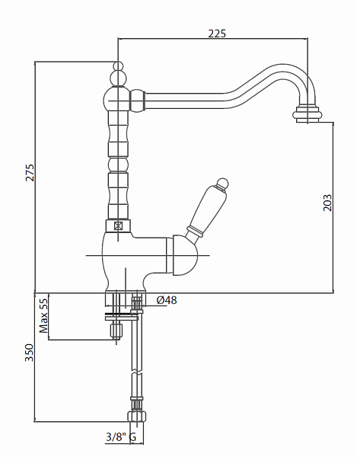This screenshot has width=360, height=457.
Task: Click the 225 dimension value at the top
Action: pyautogui.click(x=217, y=34)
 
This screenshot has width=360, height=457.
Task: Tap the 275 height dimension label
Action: pyautogui.click(x=30, y=173)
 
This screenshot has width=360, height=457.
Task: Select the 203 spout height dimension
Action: pyautogui.click(x=327, y=203)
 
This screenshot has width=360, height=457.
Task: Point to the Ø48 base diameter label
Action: pyautogui.click(x=167, y=300)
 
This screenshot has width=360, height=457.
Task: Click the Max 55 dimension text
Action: pyautogui.click(x=43, y=315)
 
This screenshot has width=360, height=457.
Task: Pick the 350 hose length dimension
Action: pyautogui.click(x=30, y=353)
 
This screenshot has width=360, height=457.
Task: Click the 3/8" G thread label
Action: pyautogui.click(x=121, y=437)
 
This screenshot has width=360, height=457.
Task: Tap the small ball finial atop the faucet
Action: pyautogui.click(x=118, y=66)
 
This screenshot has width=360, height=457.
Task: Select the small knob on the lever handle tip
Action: pyautogui.click(x=223, y=184)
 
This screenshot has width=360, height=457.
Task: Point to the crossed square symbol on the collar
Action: pyautogui.click(x=118, y=225)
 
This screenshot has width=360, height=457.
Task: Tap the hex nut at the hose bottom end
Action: pyautogui.click(x=136, y=416)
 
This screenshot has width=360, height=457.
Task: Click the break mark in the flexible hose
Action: pyautogui.click(x=136, y=373)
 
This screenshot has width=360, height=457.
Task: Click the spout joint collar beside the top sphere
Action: pyautogui.click(x=138, y=101)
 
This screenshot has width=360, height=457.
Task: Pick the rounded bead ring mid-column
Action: pyautogui.click(x=118, y=165)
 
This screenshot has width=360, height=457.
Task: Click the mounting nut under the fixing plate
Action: pyautogui.click(x=116, y=331)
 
